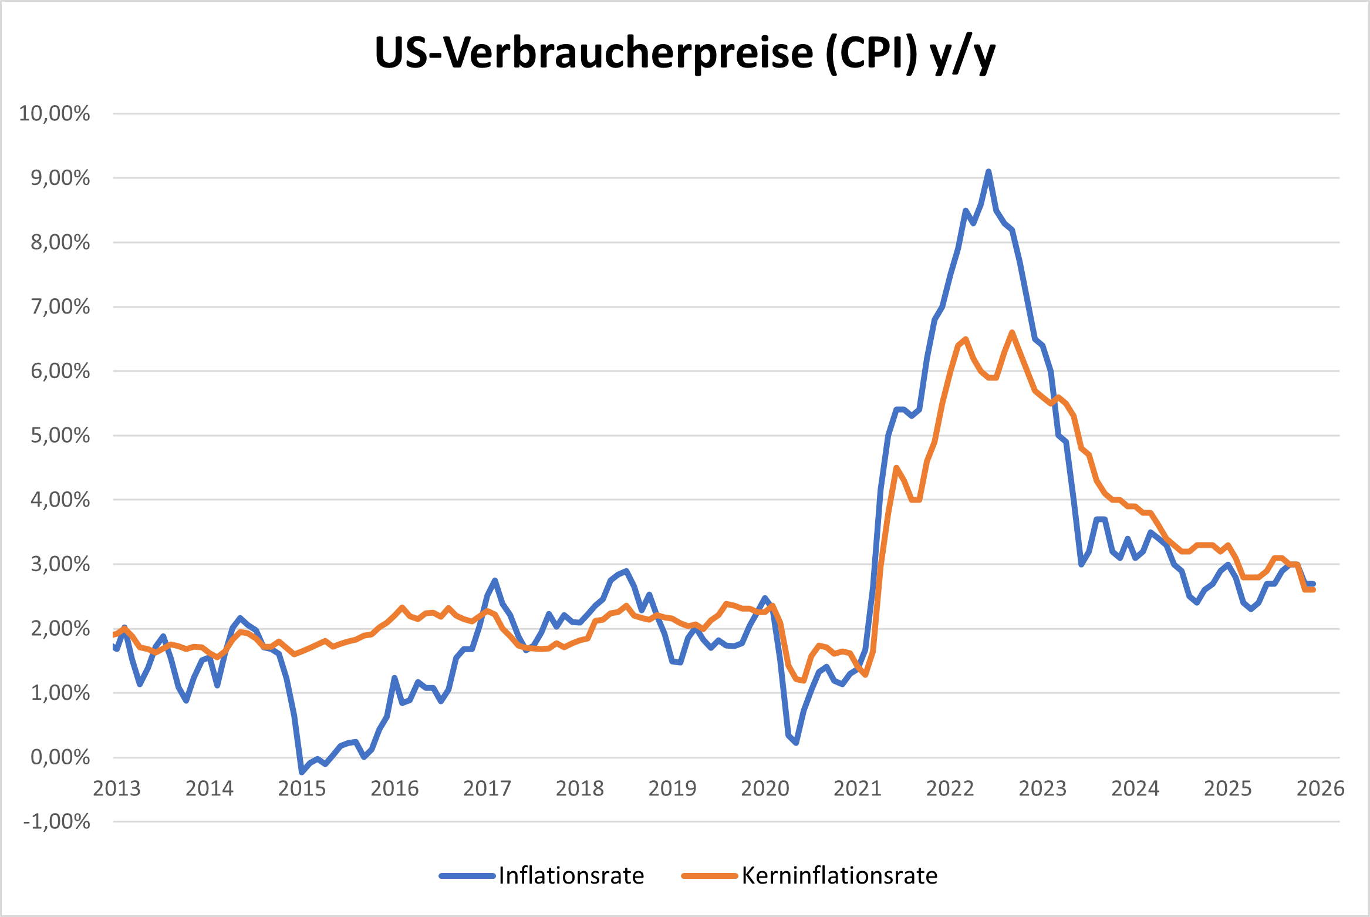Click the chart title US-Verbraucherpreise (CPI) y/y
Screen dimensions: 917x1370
pos(684,54)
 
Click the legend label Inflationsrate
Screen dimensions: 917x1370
pos(571,875)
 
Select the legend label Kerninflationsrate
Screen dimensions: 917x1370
pos(839,875)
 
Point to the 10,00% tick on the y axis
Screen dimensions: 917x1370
pos(55,113)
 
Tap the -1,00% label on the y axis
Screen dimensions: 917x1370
pos(57,821)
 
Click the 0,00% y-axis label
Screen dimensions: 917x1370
pos(60,757)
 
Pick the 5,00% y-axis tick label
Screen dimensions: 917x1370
pos(60,436)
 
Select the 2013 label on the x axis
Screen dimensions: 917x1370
pos(117,788)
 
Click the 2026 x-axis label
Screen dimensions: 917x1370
pos(1320,788)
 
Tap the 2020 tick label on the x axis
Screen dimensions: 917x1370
pos(765,788)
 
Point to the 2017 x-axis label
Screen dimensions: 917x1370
pos(487,788)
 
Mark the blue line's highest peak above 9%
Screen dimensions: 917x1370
pos(988,171)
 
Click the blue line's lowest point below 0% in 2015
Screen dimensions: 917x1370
pos(302,771)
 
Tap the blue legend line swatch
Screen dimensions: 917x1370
pos(467,876)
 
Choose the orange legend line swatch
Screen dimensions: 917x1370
pos(709,876)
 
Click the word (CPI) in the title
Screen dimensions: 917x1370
pos(871,54)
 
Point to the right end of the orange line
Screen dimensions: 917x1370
pos(1313,589)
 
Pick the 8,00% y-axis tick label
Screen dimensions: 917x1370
pos(60,242)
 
